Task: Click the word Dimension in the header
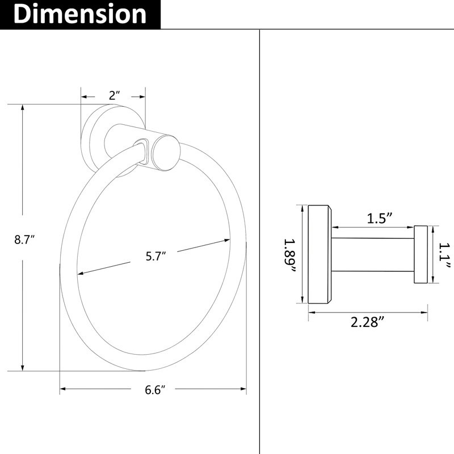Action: click(80, 14)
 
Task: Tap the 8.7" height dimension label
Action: click(24, 239)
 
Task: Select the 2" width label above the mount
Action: click(115, 95)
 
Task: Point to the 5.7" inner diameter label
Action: click(155, 257)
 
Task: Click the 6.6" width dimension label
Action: click(155, 390)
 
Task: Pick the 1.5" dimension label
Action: click(380, 218)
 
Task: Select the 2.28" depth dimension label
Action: click(368, 322)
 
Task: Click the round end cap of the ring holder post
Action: click(166, 153)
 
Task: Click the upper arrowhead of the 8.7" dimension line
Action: click(22, 107)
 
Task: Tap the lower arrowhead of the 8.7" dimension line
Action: click(22, 367)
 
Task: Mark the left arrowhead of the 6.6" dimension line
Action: click(63, 389)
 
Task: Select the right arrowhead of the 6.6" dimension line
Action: click(243, 389)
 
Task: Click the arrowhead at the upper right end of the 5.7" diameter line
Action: click(226, 240)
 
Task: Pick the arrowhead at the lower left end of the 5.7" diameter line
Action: click(81, 273)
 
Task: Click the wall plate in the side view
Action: click(320, 254)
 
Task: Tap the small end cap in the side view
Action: click(421, 254)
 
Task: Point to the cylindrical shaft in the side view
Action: click(373, 255)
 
